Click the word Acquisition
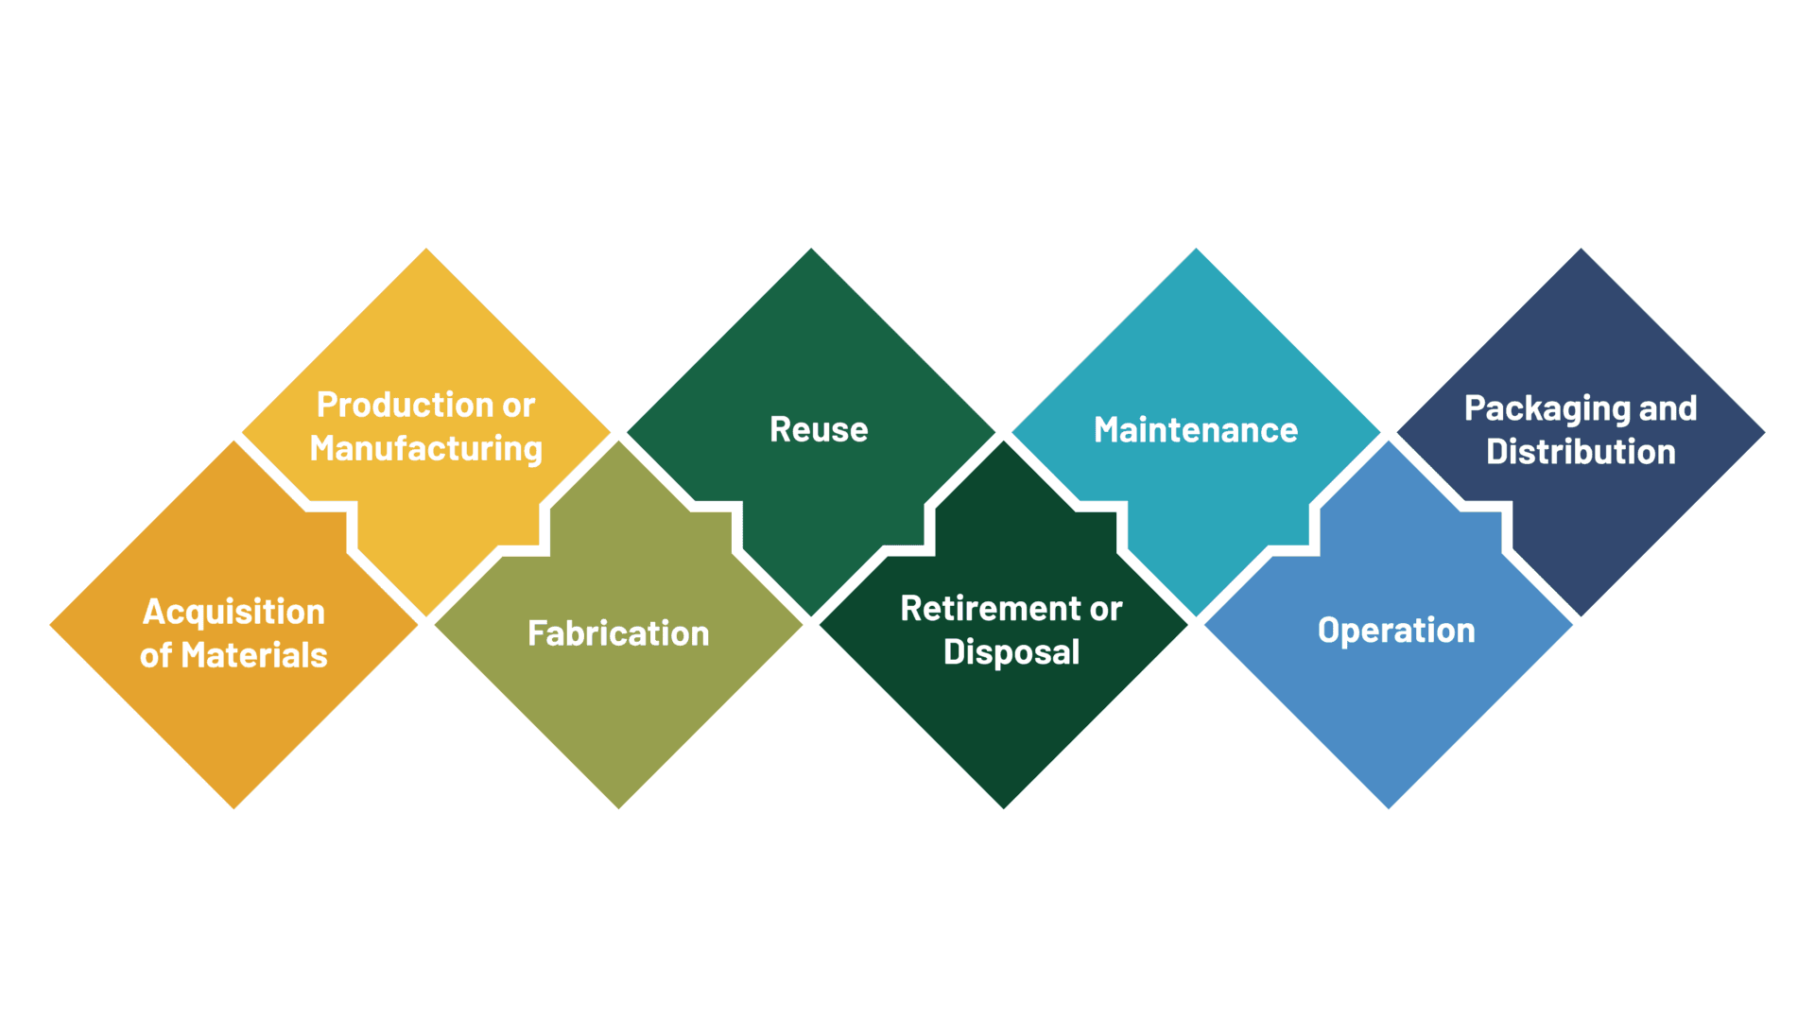pyautogui.click(x=233, y=613)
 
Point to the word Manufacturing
pyautogui.click(x=426, y=448)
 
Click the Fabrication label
pyautogui.click(x=618, y=633)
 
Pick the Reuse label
pyautogui.click(x=819, y=429)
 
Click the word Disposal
pyautogui.click(x=1011, y=652)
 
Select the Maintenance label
pyautogui.click(x=1196, y=430)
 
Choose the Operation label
pyautogui.click(x=1396, y=631)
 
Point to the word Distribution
pyautogui.click(x=1581, y=452)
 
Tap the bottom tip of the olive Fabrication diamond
pyautogui.click(x=619, y=806)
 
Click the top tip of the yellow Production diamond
pyautogui.click(x=426, y=251)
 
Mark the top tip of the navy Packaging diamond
pyautogui.click(x=1582, y=251)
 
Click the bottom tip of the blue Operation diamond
pyautogui.click(x=1389, y=806)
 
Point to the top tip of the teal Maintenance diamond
pyautogui.click(x=1197, y=251)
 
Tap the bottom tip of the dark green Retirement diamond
pyautogui.click(x=1004, y=806)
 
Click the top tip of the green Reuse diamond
pyautogui.click(x=811, y=251)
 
